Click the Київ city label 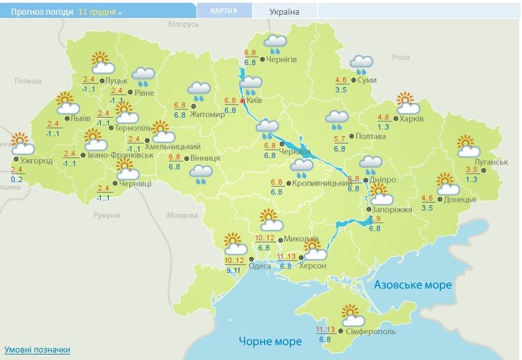[x=254, y=102]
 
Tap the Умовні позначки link [x=37, y=350]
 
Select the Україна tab [x=284, y=12]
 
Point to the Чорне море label [x=270, y=342]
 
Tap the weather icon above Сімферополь [x=351, y=313]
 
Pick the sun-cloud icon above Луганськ [x=468, y=146]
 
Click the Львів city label [x=80, y=119]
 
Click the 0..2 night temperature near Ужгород [x=17, y=179]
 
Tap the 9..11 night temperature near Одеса [x=233, y=270]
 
